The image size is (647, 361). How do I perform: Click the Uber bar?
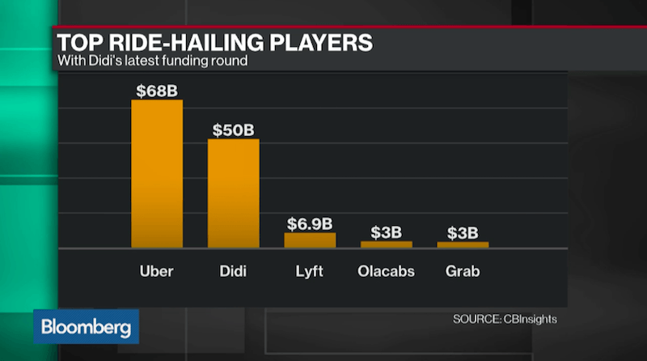pyautogui.click(x=157, y=174)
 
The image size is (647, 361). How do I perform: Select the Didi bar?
pyautogui.click(x=234, y=193)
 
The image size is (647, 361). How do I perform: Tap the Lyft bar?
pyautogui.click(x=310, y=240)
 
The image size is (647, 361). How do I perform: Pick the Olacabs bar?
pyautogui.click(x=386, y=244)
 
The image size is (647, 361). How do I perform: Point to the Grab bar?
pyautogui.click(x=463, y=244)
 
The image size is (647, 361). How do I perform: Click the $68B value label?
pyautogui.click(x=157, y=90)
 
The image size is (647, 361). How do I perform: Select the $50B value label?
pyautogui.click(x=234, y=130)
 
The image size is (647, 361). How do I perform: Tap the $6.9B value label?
pyautogui.click(x=310, y=224)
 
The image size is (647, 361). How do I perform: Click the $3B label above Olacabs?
pyautogui.click(x=386, y=232)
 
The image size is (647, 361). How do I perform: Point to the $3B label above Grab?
pyautogui.click(x=463, y=232)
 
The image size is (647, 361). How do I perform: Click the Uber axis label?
pyautogui.click(x=157, y=272)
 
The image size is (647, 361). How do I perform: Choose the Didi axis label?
pyautogui.click(x=234, y=272)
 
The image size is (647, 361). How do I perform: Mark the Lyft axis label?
pyautogui.click(x=310, y=272)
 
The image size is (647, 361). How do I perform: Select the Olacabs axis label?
pyautogui.click(x=386, y=272)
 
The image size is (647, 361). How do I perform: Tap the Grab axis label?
pyautogui.click(x=463, y=272)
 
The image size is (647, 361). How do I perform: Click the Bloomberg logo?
pyautogui.click(x=86, y=327)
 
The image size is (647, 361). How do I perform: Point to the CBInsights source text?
pyautogui.click(x=505, y=319)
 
